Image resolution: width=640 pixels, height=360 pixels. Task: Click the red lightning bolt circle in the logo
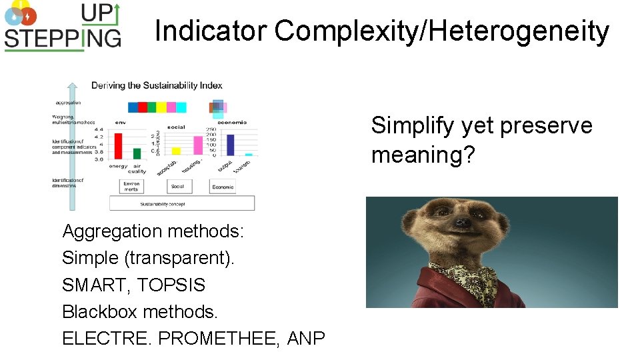(29, 16)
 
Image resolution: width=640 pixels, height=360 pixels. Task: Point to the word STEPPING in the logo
(63, 37)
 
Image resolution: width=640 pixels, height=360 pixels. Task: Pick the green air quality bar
(137, 154)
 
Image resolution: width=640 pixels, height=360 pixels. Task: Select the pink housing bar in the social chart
(198, 145)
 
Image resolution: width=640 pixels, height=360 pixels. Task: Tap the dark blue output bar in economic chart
(231, 145)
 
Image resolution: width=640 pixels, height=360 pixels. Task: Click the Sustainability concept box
(181, 203)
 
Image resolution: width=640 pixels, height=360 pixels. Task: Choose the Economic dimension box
(223, 187)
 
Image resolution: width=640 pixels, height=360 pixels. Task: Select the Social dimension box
(177, 187)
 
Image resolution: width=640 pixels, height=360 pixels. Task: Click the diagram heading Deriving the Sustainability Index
(157, 85)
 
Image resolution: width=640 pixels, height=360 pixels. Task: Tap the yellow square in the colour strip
(161, 107)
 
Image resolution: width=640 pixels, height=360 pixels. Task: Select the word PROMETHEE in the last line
(220, 339)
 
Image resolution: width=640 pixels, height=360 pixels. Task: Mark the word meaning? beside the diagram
(423, 155)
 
